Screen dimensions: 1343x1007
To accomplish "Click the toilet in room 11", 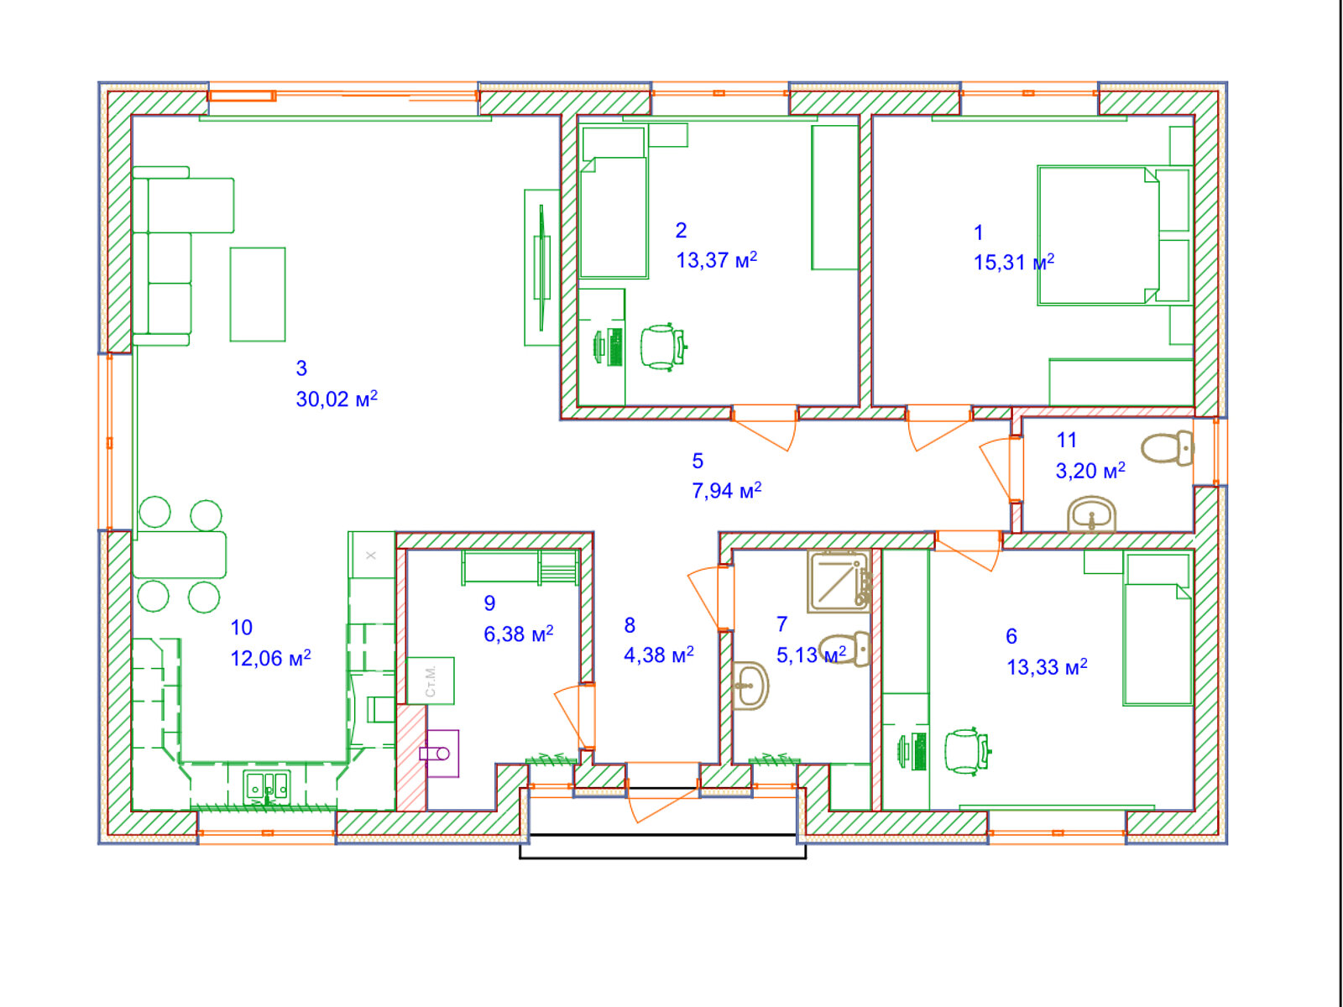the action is [1168, 447].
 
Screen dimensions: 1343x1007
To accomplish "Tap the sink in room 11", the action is [1091, 514].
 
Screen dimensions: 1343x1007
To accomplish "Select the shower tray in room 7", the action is [839, 582].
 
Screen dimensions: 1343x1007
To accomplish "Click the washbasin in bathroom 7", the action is [750, 686].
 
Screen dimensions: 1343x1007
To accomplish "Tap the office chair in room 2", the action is [662, 347].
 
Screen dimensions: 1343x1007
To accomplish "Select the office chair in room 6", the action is [967, 751].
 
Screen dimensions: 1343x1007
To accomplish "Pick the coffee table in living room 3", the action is [258, 294].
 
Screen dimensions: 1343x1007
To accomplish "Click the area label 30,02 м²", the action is [337, 399].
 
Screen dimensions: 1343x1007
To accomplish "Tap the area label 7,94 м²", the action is [727, 490].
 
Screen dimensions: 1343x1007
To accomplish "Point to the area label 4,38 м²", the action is [659, 655].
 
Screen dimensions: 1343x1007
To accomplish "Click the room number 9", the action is [489, 603].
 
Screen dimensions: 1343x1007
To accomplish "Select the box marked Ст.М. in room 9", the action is [431, 681].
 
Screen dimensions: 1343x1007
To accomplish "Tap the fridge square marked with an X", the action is [371, 555].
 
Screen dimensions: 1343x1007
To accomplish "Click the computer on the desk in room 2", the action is [609, 347].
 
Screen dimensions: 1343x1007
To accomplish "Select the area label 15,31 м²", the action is [1014, 263].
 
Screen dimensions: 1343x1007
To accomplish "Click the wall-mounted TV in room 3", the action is [541, 267].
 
